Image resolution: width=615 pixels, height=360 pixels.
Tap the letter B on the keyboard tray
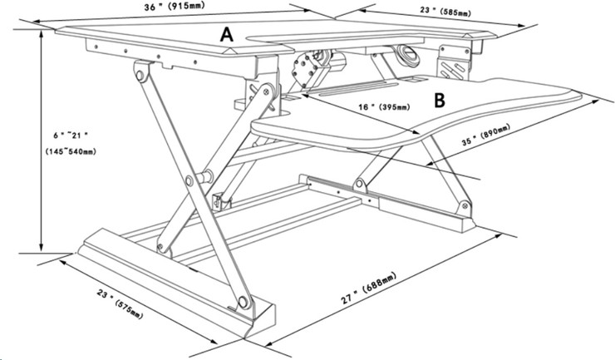[x=440, y=101]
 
